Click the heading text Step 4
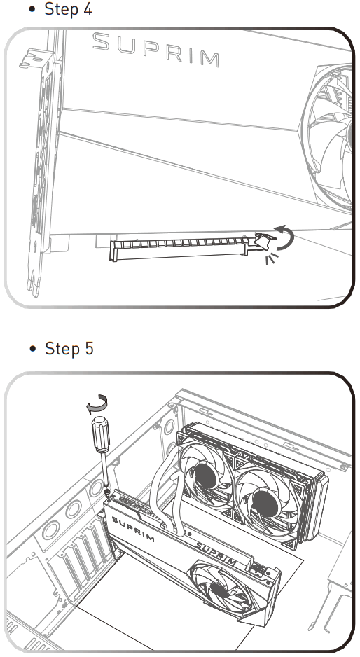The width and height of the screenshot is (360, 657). [x=69, y=9]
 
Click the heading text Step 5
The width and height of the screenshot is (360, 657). [x=69, y=349]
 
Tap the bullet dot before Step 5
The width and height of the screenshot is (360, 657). [x=33, y=349]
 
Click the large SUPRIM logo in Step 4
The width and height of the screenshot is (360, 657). [x=156, y=50]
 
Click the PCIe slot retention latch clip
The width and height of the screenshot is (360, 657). [x=264, y=242]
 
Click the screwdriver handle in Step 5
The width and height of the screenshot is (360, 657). [x=101, y=434]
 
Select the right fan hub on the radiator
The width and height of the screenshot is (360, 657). [x=265, y=503]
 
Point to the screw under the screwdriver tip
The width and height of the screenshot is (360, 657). [x=107, y=493]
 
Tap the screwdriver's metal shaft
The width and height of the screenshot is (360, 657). [x=105, y=471]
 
